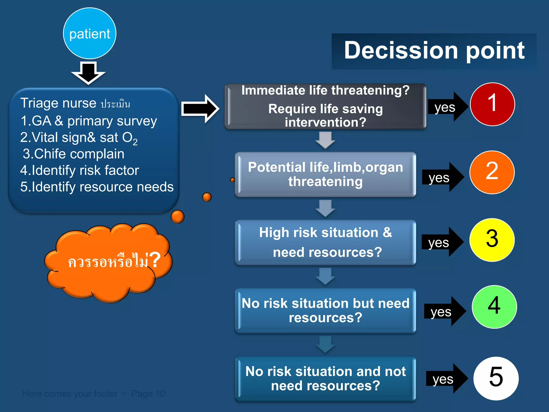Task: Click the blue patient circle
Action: click(x=90, y=33)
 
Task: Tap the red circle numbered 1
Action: click(x=492, y=104)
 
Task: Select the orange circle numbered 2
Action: click(x=492, y=172)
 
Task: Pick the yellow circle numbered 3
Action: click(x=492, y=240)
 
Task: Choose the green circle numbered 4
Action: click(x=494, y=307)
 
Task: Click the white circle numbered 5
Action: click(x=496, y=378)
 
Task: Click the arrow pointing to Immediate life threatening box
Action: click(x=200, y=109)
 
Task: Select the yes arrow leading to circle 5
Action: click(x=446, y=379)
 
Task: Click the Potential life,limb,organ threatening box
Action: click(x=325, y=174)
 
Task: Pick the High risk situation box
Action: click(x=325, y=242)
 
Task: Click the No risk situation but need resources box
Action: click(x=325, y=310)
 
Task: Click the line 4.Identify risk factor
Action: click(x=80, y=170)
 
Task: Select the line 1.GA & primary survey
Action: click(x=88, y=121)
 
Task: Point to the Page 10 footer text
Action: click(x=148, y=394)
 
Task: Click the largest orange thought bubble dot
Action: click(x=177, y=217)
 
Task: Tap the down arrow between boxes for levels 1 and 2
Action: click(x=325, y=140)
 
